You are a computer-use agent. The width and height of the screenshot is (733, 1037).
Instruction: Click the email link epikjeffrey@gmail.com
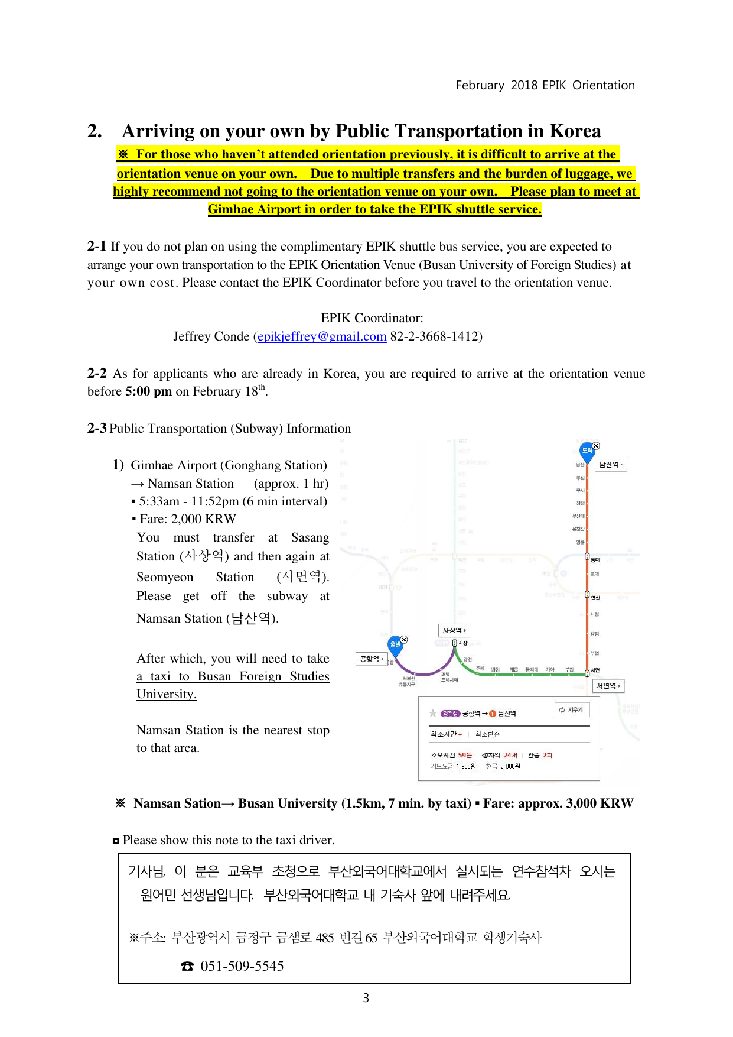[322, 336]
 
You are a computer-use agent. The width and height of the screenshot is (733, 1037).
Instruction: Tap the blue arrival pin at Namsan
[587, 451]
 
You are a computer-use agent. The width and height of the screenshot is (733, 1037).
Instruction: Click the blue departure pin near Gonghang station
[395, 644]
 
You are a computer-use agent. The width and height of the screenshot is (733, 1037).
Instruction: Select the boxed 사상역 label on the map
[454, 631]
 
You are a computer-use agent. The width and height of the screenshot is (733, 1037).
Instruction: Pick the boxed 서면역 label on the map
[608, 686]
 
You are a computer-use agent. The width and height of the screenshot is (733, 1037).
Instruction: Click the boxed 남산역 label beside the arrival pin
[610, 465]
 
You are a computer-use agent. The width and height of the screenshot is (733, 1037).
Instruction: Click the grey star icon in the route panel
[433, 714]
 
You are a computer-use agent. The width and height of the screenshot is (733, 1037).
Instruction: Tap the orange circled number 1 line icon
[493, 714]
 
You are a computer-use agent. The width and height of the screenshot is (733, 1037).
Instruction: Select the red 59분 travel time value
[465, 755]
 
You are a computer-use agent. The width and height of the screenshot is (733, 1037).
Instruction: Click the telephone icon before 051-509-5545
[187, 966]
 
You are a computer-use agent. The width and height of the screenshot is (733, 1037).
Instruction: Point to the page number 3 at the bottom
[366, 998]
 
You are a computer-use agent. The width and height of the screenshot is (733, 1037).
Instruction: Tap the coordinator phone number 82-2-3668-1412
[436, 336]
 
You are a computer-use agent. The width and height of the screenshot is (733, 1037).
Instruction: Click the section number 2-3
[97, 429]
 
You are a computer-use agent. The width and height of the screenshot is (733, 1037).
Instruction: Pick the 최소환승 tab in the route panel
[487, 734]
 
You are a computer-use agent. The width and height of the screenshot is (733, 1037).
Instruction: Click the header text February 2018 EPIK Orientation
[545, 85]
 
